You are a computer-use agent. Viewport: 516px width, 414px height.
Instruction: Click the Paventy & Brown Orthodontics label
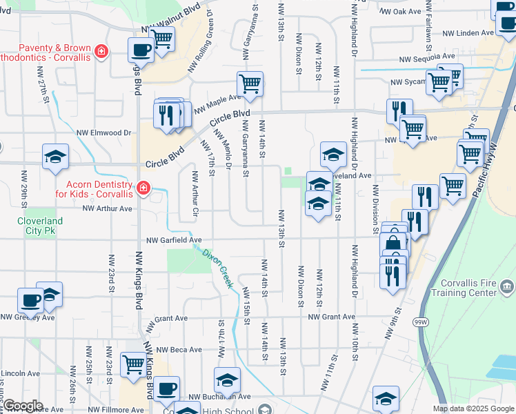(44, 52)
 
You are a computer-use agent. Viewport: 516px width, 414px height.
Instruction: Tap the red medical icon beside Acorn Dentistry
(143, 188)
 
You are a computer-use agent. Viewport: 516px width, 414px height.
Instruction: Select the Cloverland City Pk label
(40, 226)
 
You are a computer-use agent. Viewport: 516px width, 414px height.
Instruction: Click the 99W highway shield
(420, 322)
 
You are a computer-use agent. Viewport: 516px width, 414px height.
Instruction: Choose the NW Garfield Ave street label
(173, 240)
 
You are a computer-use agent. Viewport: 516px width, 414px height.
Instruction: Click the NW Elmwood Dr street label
(103, 132)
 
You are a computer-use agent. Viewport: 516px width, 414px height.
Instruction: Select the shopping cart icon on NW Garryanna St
(250, 85)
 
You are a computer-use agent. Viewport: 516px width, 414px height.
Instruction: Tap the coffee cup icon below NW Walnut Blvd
(141, 50)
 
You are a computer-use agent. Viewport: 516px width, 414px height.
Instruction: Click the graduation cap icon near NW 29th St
(55, 157)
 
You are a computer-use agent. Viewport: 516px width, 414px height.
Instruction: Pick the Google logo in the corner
(22, 406)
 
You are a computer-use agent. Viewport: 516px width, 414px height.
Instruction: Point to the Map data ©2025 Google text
(473, 408)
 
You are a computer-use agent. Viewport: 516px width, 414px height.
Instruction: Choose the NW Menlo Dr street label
(222, 150)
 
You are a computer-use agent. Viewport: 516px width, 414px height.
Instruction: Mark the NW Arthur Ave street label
(107, 208)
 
